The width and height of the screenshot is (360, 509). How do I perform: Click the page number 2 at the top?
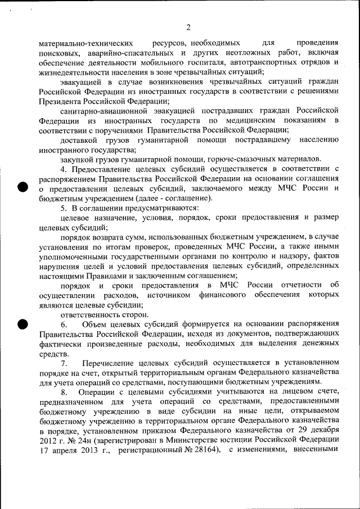tap(188, 28)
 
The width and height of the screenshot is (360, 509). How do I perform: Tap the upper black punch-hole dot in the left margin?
tap(22, 188)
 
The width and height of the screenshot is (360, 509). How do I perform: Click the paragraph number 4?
tap(64, 169)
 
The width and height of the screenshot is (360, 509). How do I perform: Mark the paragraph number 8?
tap(64, 391)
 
